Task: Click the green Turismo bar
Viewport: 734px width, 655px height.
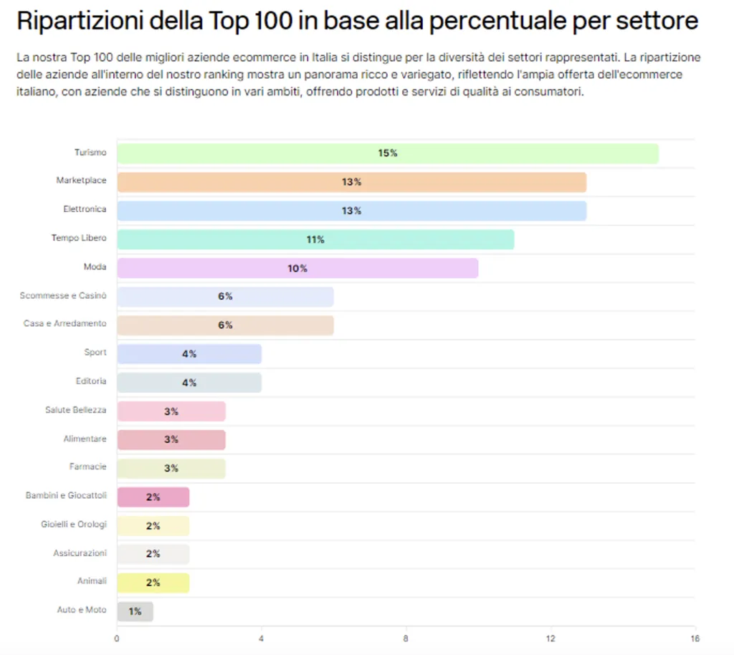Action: pyautogui.click(x=387, y=153)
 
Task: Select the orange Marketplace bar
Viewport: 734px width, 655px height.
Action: pyautogui.click(x=351, y=182)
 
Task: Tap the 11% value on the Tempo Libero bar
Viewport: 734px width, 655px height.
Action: pyautogui.click(x=315, y=239)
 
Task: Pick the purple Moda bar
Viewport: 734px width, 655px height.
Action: pyautogui.click(x=297, y=268)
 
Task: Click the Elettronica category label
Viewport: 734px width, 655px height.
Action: pyautogui.click(x=85, y=209)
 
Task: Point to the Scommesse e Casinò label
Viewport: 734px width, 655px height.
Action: pyautogui.click(x=63, y=295)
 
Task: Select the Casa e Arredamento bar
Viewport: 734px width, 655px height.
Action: pyautogui.click(x=225, y=325)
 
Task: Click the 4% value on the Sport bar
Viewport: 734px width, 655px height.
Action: pyautogui.click(x=189, y=354)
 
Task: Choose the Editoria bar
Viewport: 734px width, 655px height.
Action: pyautogui.click(x=189, y=383)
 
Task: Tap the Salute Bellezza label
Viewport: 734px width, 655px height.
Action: pyautogui.click(x=75, y=410)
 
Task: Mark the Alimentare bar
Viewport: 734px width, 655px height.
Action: pyautogui.click(x=171, y=439)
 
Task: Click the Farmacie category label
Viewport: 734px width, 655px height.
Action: pyautogui.click(x=87, y=467)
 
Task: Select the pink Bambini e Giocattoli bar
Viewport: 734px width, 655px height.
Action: pyautogui.click(x=153, y=497)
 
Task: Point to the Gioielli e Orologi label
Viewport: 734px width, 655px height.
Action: pyautogui.click(x=73, y=525)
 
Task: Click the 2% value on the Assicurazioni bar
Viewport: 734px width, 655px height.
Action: pyautogui.click(x=153, y=554)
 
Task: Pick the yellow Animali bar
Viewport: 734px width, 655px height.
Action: pyautogui.click(x=153, y=583)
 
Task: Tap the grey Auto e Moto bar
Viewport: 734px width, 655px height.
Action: pyautogui.click(x=135, y=611)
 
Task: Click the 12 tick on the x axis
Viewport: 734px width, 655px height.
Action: pyautogui.click(x=550, y=638)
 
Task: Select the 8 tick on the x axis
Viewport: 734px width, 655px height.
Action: pyautogui.click(x=406, y=638)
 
